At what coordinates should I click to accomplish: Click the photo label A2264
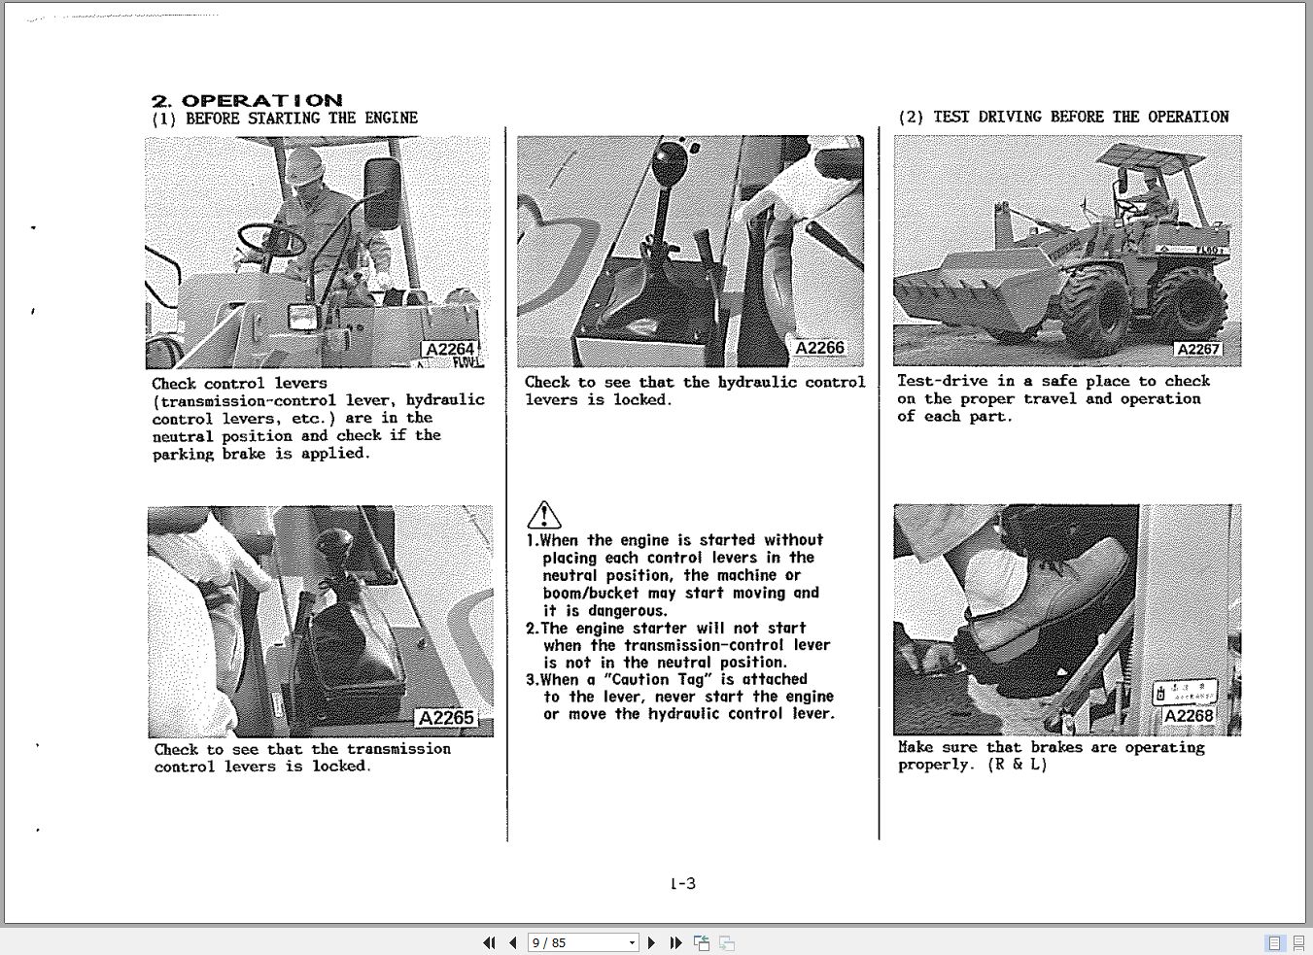coord(449,350)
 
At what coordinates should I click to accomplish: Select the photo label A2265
coord(445,718)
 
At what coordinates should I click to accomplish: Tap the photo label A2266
coord(819,348)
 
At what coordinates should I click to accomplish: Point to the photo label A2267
coord(1197,350)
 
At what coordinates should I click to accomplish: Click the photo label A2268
coord(1188,716)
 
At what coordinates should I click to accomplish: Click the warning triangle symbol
coord(543,515)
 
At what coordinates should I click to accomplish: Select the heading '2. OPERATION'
coord(247,100)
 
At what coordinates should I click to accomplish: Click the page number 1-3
coord(682,883)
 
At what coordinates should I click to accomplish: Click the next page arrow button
coord(651,942)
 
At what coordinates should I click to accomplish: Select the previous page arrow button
coord(512,942)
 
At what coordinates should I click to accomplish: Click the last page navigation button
coord(675,942)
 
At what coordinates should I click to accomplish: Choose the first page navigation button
coord(489,942)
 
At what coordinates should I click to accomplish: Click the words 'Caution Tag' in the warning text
coord(660,679)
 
